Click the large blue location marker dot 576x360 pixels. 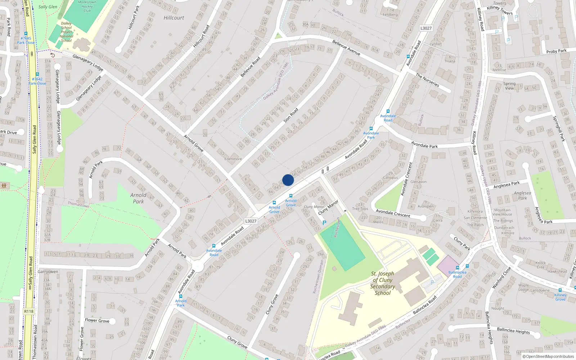288,180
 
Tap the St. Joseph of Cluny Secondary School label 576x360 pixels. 383,283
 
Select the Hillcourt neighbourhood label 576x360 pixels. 174,18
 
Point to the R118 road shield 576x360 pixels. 29,311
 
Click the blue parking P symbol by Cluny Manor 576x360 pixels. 324,223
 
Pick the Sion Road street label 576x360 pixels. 291,116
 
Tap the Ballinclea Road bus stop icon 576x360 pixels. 458,268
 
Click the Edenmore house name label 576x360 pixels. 233,159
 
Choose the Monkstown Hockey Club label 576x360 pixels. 87,6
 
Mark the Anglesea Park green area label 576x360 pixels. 522,195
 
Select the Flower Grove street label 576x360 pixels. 97,320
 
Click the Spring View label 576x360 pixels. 509,86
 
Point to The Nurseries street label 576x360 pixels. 427,80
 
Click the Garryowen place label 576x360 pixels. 48,272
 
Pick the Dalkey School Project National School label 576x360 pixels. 66,32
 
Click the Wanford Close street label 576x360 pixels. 501,278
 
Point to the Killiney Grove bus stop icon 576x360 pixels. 560,290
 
